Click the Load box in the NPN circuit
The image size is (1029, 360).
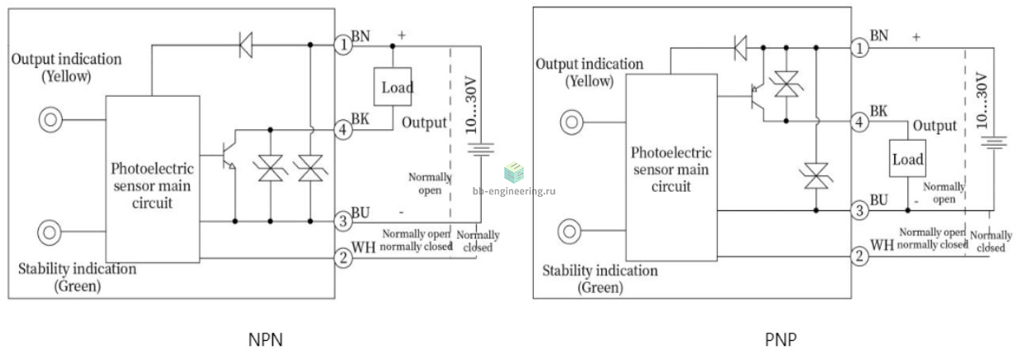tap(392, 87)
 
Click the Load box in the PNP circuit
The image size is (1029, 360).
tap(907, 158)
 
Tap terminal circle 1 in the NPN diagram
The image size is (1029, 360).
tap(344, 45)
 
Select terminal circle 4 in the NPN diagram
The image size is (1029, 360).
tap(344, 129)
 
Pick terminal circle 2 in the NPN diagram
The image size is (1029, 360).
tap(344, 257)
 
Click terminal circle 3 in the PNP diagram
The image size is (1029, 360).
tap(859, 211)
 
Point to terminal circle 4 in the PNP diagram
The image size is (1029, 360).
tap(859, 122)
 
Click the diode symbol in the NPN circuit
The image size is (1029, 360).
tap(246, 45)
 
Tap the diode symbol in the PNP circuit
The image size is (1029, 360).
tap(740, 48)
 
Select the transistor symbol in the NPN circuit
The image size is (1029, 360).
tap(228, 155)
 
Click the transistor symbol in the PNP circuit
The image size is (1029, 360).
tap(757, 97)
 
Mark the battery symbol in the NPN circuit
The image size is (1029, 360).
tap(480, 150)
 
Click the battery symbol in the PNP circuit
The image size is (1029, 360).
tap(993, 142)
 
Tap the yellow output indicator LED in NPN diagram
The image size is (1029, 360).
tap(50, 120)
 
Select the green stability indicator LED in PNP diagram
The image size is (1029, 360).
tap(570, 231)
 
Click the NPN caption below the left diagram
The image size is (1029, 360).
tap(266, 340)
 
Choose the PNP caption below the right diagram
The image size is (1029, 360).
tap(781, 340)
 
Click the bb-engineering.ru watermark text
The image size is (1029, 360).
tap(514, 191)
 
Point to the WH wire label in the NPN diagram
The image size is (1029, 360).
tap(363, 247)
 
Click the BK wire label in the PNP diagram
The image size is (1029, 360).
tap(879, 111)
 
